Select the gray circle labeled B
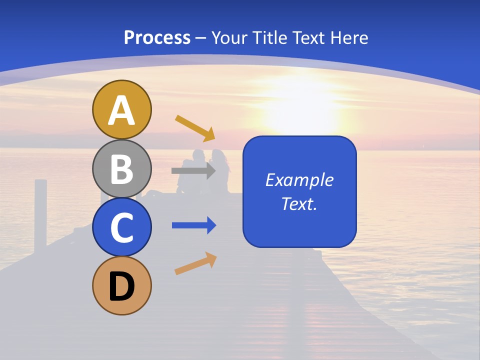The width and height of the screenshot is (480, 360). coord(121,168)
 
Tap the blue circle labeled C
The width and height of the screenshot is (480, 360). coord(121,227)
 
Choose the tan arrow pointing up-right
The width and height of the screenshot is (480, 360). coord(195,263)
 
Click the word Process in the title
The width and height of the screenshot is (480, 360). coord(157,38)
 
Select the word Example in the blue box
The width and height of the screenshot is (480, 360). coord(299,180)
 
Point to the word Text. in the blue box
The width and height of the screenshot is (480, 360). coord(299,204)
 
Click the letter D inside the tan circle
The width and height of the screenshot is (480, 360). coord(121,288)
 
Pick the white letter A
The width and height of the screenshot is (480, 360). coord(121,110)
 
